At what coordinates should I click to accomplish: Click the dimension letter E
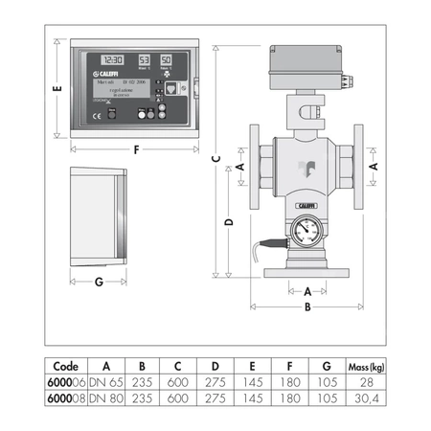coord(57,88)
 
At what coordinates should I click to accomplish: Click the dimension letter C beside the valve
coord(216,158)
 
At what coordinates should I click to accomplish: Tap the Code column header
coord(65,364)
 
